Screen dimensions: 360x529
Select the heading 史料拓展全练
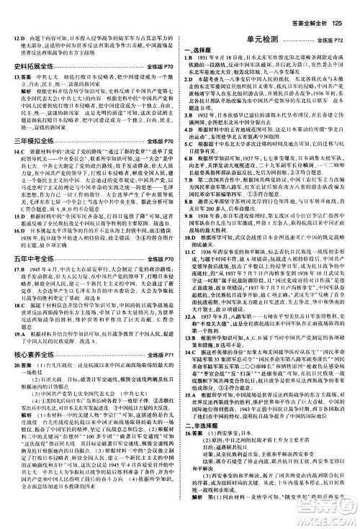34,65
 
